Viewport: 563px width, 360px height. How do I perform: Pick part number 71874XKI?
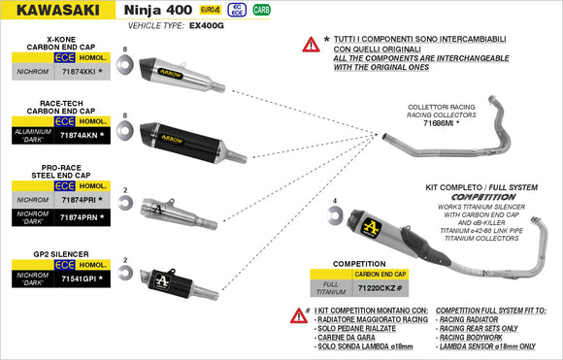pyautogui.click(x=79, y=72)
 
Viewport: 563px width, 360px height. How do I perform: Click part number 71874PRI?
pyautogui.click(x=79, y=199)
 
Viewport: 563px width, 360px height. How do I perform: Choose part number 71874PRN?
pyautogui.click(x=79, y=215)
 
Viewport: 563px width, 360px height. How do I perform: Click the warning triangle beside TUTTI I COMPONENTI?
pyautogui.click(x=312, y=44)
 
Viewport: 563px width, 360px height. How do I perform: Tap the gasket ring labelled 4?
pyautogui.click(x=335, y=216)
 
